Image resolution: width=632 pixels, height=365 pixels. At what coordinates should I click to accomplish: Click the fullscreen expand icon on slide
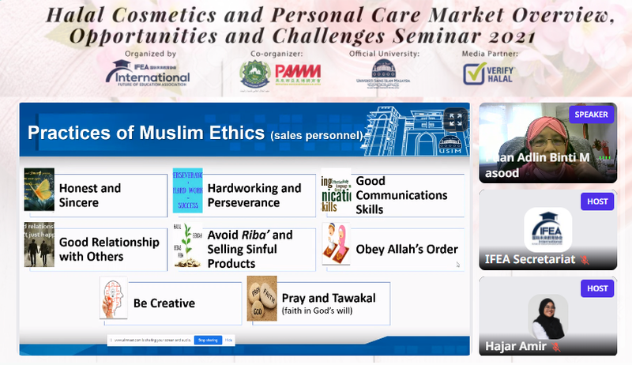(x=455, y=119)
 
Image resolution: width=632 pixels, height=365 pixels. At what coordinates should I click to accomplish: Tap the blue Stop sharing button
(x=208, y=340)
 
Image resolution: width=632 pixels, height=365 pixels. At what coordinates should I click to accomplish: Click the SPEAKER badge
(x=591, y=115)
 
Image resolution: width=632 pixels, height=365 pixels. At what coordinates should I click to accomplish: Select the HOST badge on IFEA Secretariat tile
(x=597, y=201)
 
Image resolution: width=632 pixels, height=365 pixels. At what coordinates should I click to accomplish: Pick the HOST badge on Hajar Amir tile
(x=597, y=288)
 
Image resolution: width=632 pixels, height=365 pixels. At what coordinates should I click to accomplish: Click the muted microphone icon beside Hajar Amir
(x=556, y=346)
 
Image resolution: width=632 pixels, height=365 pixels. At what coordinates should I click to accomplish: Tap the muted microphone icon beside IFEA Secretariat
(x=585, y=259)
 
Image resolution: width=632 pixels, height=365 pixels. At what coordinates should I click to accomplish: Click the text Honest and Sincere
(x=90, y=195)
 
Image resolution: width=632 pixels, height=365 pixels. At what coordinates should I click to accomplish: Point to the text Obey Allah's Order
(x=407, y=250)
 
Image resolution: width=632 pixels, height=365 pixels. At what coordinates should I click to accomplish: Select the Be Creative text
(x=164, y=303)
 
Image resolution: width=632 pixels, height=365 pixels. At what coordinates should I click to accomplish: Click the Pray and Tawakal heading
(x=329, y=298)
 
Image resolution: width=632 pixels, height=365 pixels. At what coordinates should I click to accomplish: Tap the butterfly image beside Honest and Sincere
(x=39, y=190)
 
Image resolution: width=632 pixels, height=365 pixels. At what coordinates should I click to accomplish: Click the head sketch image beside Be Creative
(x=114, y=298)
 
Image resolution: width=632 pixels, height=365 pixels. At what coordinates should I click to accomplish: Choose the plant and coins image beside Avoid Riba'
(x=187, y=246)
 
